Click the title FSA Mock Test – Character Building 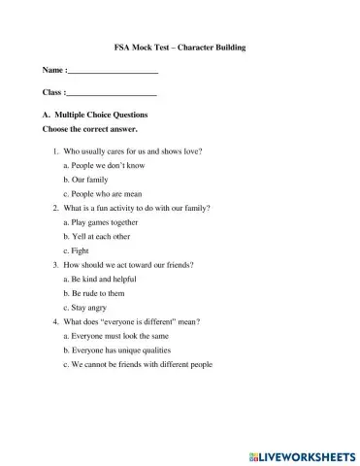click(180, 48)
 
